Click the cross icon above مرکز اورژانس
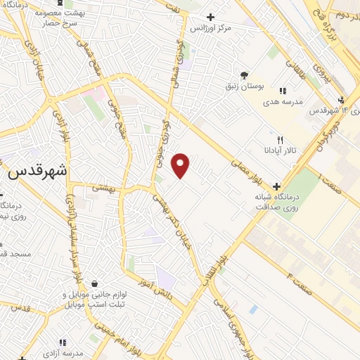(x=210, y=17)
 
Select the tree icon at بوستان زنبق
(x=244, y=75)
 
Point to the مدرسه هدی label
(x=283, y=101)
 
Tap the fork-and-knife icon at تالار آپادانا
(x=281, y=141)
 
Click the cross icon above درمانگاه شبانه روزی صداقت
(x=276, y=187)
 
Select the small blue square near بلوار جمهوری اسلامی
(x=253, y=309)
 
